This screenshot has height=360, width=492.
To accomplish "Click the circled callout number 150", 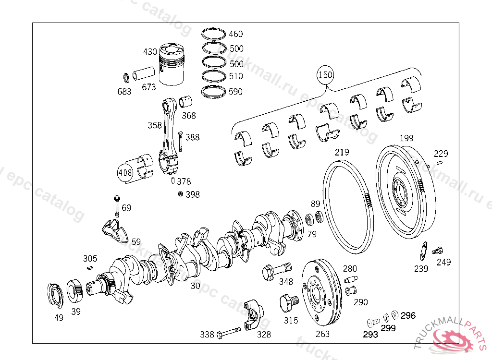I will [325, 75].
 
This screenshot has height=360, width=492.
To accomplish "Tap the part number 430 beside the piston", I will [150, 51].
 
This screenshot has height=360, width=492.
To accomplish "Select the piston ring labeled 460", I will [214, 34].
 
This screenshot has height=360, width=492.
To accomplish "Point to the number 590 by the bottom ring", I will [235, 91].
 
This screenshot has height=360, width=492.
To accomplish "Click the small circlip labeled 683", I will [126, 77].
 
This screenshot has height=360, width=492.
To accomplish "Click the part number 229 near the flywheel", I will [441, 154].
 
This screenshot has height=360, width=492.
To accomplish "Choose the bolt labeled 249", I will [437, 251].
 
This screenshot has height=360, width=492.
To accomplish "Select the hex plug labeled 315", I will [288, 303].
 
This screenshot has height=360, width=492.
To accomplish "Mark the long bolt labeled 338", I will [229, 332].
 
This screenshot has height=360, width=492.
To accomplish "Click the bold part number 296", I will [408, 315].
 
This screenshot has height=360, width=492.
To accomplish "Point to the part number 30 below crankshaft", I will [195, 285].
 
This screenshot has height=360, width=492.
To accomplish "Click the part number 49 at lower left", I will [59, 317].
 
